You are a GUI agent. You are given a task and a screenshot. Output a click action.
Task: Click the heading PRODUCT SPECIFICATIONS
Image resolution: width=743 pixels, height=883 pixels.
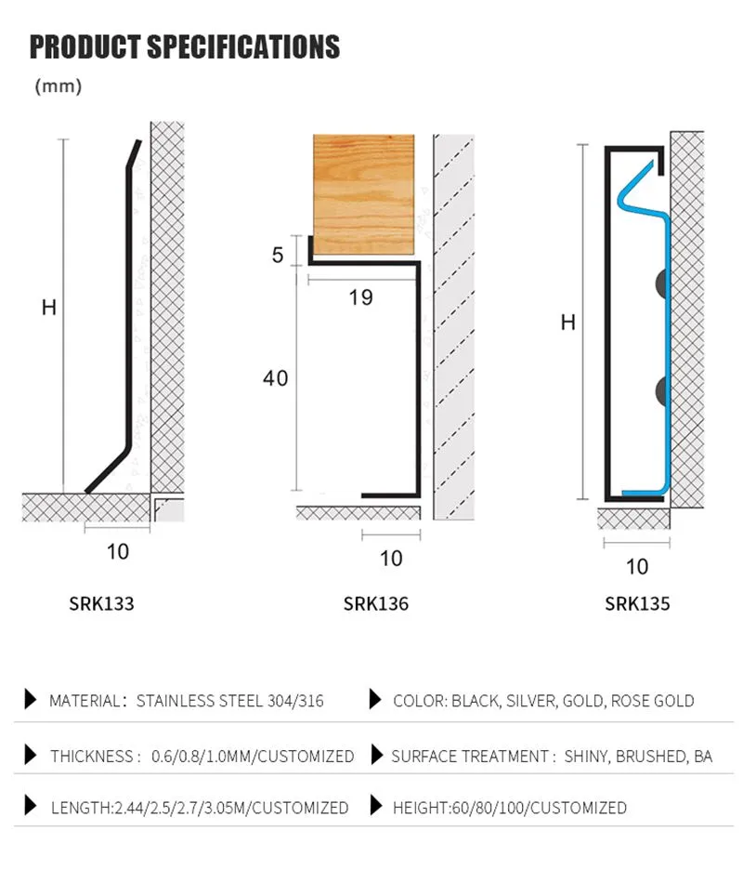(x=185, y=46)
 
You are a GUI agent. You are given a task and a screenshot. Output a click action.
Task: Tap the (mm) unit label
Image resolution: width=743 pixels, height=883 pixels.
(x=59, y=86)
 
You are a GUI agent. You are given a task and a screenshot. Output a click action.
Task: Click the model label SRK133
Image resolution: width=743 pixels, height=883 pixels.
(x=101, y=603)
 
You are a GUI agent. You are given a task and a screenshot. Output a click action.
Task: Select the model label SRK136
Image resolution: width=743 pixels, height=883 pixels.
(x=376, y=603)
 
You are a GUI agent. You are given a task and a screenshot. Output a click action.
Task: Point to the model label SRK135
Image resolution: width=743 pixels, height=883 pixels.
(x=637, y=603)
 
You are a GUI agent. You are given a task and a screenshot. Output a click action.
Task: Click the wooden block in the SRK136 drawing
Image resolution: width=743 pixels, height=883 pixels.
(x=363, y=193)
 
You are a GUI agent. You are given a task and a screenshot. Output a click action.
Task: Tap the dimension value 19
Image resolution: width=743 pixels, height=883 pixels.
(x=361, y=297)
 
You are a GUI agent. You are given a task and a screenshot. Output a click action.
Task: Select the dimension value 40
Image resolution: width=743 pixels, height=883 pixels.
(x=275, y=378)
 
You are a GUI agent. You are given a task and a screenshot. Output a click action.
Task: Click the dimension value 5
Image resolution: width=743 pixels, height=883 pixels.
(x=278, y=255)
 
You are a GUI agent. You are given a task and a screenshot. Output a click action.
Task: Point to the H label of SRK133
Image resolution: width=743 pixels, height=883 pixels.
(x=49, y=308)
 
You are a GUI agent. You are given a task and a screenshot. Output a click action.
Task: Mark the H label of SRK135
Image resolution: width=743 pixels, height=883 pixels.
(x=568, y=323)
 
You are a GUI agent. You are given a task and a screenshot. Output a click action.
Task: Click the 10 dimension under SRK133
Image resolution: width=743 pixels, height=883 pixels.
(x=118, y=552)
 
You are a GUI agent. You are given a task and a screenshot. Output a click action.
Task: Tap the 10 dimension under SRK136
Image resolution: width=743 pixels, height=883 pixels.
(x=392, y=558)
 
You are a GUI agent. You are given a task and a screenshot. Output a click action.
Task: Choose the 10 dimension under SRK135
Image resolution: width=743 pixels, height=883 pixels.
(x=637, y=566)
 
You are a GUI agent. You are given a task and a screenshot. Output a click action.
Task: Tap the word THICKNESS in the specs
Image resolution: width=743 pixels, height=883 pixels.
(x=92, y=757)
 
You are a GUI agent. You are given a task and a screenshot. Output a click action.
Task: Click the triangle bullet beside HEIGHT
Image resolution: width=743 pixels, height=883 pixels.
(x=376, y=806)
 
